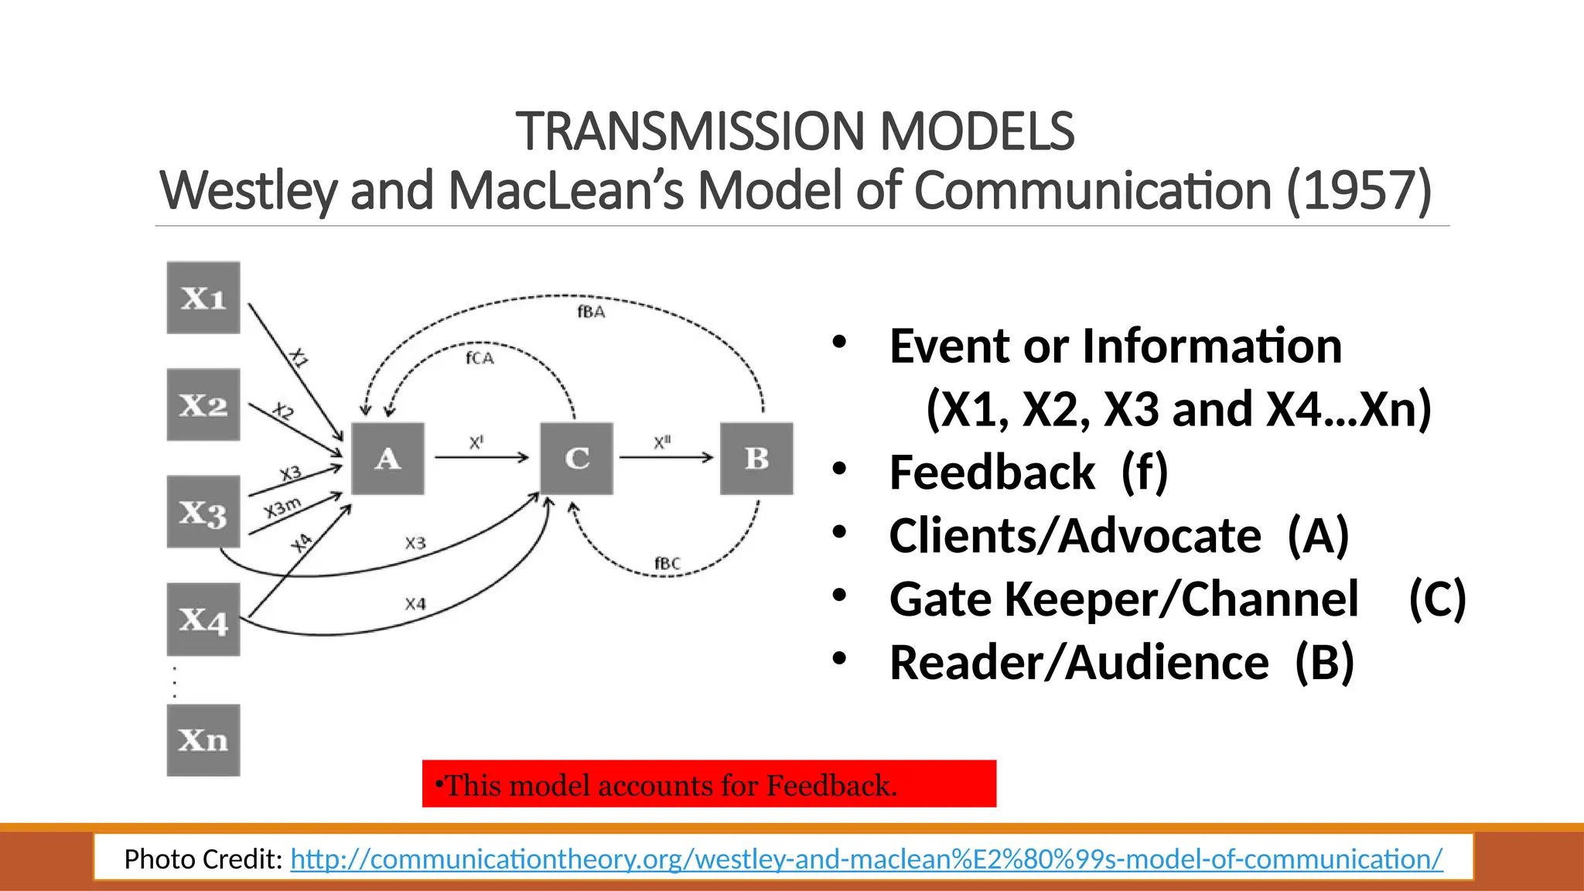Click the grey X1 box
[203, 298]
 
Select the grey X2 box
[203, 405]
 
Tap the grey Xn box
[203, 740]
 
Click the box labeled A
[387, 459]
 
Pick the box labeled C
[576, 459]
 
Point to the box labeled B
[756, 459]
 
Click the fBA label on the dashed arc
[591, 312]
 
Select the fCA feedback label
[480, 358]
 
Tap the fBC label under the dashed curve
[667, 563]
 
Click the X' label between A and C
[476, 443]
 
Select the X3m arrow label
[282, 508]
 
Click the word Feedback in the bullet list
[992, 473]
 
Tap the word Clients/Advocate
[1074, 536]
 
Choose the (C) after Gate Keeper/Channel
[1437, 599]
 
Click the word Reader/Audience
[1078, 663]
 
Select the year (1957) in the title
[1359, 190]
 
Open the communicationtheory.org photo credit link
[866, 859]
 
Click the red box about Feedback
[708, 784]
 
